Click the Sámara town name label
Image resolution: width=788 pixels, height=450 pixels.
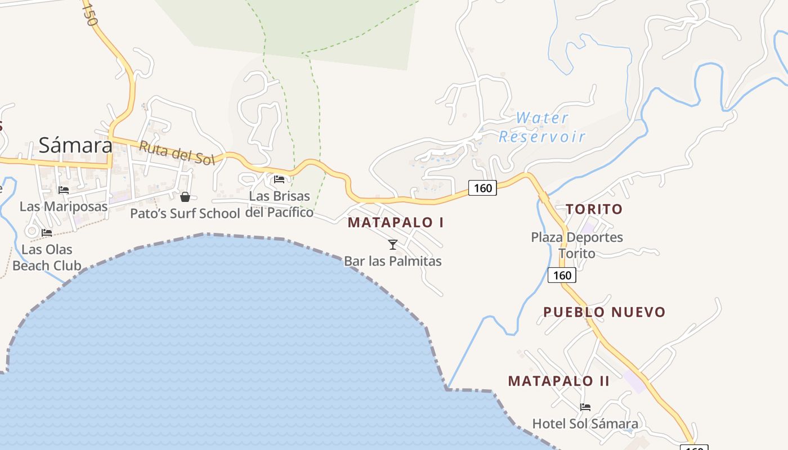click(75, 146)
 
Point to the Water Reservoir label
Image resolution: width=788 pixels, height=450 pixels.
click(542, 127)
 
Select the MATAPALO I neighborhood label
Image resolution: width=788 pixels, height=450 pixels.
click(396, 222)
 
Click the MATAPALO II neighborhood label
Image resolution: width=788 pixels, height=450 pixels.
click(558, 381)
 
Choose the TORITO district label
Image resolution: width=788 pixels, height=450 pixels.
click(594, 209)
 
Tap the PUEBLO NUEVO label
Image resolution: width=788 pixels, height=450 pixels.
click(604, 312)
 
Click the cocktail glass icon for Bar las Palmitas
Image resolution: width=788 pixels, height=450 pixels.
click(393, 244)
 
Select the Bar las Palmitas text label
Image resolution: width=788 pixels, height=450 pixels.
click(393, 261)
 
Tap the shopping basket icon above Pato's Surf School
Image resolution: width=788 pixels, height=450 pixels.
click(185, 197)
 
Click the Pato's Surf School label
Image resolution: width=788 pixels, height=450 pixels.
click(185, 214)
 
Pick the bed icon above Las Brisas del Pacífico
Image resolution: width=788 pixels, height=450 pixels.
click(279, 179)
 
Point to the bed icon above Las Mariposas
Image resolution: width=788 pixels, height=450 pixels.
click(64, 190)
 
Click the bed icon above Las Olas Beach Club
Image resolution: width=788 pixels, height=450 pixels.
click(47, 232)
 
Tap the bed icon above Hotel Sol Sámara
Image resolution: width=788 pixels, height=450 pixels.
click(585, 407)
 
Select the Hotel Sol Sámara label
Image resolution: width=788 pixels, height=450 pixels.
click(585, 424)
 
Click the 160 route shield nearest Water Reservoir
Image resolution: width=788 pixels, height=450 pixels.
click(482, 188)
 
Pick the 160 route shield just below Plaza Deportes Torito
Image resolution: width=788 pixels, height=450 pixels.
click(562, 275)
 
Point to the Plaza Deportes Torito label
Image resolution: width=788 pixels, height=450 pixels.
click(577, 245)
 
